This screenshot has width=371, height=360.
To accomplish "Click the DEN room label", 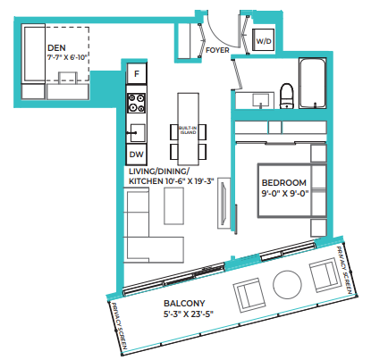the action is click(56, 48).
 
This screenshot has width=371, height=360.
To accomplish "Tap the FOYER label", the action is click(217, 50).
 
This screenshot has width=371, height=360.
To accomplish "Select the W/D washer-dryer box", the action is click(264, 41).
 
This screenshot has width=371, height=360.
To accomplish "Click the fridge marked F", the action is click(137, 73).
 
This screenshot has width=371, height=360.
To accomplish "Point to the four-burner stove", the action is click(137, 103).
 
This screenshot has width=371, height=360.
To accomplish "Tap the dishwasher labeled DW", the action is click(137, 155).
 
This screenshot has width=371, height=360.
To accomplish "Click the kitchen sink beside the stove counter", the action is click(138, 133).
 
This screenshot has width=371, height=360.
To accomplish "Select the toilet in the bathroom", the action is click(287, 96).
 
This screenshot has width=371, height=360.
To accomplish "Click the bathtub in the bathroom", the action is click(312, 83).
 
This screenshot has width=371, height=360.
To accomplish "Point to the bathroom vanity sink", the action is click(261, 100).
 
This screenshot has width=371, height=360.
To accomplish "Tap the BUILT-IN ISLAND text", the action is click(188, 130).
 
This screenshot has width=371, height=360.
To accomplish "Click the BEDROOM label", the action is click(284, 182).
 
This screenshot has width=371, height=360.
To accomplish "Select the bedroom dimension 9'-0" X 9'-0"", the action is click(285, 193).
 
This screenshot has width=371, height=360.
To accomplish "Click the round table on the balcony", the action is click(287, 285).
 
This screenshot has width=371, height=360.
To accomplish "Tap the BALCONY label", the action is click(184, 304).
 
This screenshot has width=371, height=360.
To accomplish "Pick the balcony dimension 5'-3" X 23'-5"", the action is click(189, 314).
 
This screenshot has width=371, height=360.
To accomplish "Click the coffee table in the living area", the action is click(173, 205).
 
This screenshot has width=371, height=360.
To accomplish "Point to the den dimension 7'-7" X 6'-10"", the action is click(68, 57).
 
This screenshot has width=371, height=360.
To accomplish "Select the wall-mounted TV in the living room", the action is click(223, 204).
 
